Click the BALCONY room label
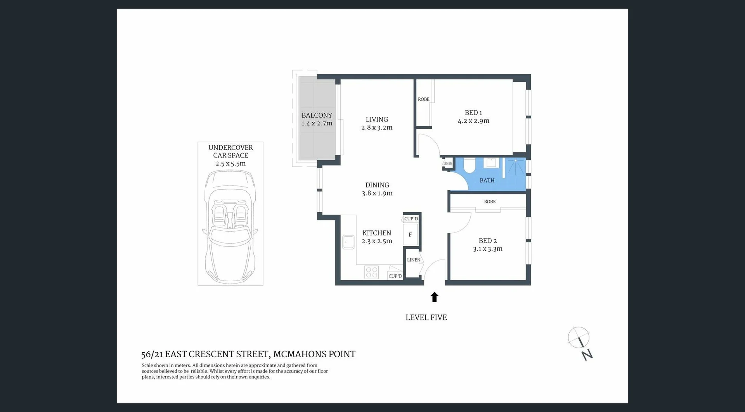click(x=317, y=115)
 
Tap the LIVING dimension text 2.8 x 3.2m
click(x=377, y=128)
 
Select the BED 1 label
click(x=473, y=113)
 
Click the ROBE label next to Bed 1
click(x=423, y=99)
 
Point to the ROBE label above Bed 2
click(x=490, y=201)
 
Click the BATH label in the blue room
click(x=487, y=180)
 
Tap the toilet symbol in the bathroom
click(x=469, y=166)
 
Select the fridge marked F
click(x=410, y=235)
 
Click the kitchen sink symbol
click(x=348, y=242)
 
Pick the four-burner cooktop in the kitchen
click(x=371, y=272)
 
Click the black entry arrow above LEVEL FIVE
click(x=434, y=297)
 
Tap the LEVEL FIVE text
click(x=426, y=317)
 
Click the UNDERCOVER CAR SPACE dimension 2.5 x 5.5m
click(x=230, y=163)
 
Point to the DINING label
click(x=377, y=185)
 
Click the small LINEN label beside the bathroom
click(x=447, y=163)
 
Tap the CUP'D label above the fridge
click(x=411, y=218)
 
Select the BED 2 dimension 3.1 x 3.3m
click(x=487, y=249)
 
